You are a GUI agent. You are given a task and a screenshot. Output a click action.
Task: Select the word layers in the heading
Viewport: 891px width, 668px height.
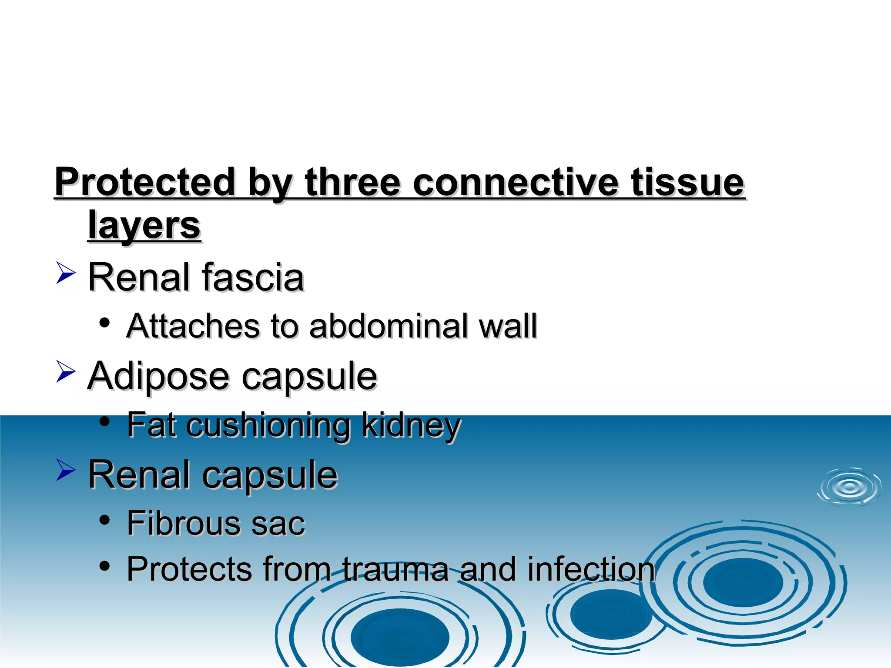tap(144, 226)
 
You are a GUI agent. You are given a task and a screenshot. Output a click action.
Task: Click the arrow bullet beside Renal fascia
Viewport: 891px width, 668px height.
tap(66, 273)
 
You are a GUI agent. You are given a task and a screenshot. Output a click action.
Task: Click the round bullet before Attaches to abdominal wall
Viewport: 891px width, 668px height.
tap(104, 323)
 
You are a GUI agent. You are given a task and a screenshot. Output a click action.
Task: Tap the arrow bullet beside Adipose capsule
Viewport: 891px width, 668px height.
tap(66, 371)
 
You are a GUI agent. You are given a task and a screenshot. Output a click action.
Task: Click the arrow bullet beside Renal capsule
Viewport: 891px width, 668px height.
tap(66, 470)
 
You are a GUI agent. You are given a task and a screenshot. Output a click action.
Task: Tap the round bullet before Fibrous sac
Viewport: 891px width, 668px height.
tap(104, 520)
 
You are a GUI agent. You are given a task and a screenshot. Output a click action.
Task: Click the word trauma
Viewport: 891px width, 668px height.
tap(395, 569)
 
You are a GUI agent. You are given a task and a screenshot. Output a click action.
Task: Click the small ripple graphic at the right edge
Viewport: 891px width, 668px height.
tap(850, 488)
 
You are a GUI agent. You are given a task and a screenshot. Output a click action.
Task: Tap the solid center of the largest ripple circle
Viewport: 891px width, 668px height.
tap(743, 582)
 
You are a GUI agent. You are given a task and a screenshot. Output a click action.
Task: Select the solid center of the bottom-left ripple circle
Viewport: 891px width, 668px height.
tap(400, 636)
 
